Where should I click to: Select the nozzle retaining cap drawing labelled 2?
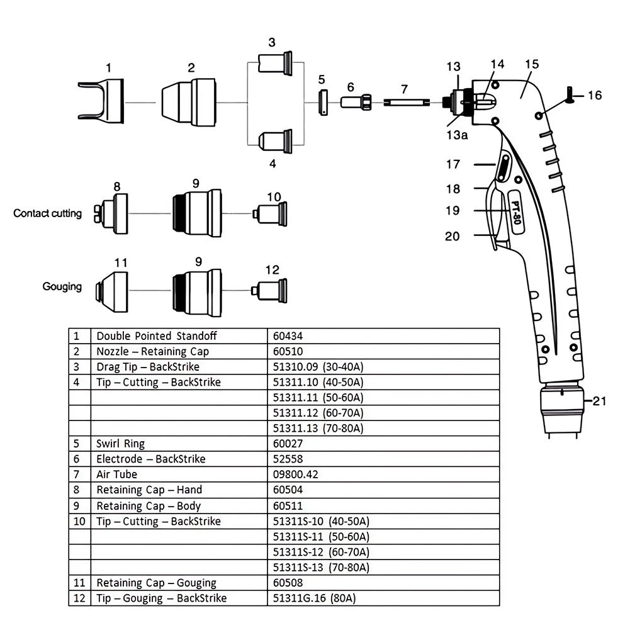click(x=189, y=103)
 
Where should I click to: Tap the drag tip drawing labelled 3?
click(x=275, y=62)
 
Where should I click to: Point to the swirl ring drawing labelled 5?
click(x=323, y=103)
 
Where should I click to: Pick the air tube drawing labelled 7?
click(x=407, y=103)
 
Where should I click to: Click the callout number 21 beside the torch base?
click(x=599, y=400)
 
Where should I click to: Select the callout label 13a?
click(x=457, y=135)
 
